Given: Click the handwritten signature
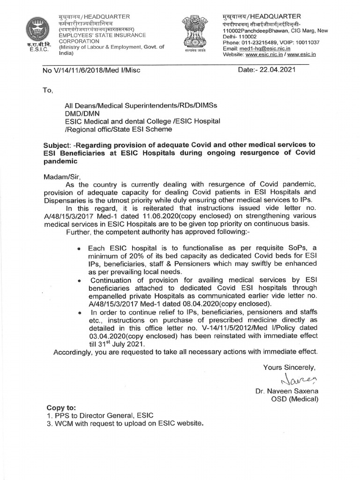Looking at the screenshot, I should pyautogui.click(x=298, y=378).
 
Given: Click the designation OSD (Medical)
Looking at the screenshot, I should pyautogui.click(x=296, y=399).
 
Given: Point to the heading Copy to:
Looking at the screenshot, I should pyautogui.click(x=61, y=407).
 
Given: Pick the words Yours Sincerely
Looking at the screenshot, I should pyautogui.click(x=289, y=367).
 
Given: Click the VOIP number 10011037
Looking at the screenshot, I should pyautogui.click(x=304, y=42).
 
